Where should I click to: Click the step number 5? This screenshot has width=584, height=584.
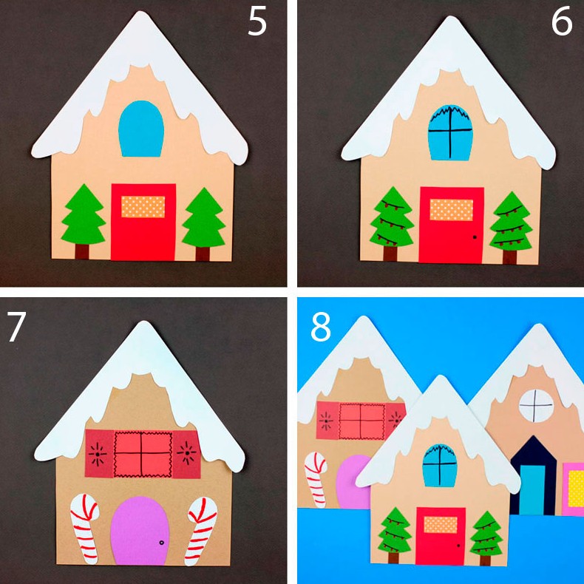point(257,22)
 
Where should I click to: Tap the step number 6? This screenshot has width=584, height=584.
point(561,22)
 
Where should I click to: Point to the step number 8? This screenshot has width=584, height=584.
point(321,327)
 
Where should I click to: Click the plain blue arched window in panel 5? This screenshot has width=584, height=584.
point(141,129)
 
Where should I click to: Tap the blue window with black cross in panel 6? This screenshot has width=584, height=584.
point(450,132)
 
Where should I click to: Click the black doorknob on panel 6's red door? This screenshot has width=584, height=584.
point(474,237)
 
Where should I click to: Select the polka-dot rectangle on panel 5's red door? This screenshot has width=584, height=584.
point(143,207)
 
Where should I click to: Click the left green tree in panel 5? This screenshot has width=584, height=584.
point(84,221)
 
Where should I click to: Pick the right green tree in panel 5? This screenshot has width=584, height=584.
point(204,224)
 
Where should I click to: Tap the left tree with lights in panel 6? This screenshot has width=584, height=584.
point(392,223)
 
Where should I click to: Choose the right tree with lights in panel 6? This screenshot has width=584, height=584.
point(511,228)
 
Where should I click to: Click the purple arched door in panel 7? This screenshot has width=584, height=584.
point(140,530)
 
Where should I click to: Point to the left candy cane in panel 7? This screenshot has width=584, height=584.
point(85,528)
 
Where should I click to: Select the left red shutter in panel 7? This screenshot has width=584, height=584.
point(99,453)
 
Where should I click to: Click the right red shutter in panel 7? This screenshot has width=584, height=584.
point(186,454)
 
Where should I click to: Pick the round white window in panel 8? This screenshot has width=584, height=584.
point(536,406)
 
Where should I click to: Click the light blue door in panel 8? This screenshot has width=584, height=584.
point(532,490)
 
